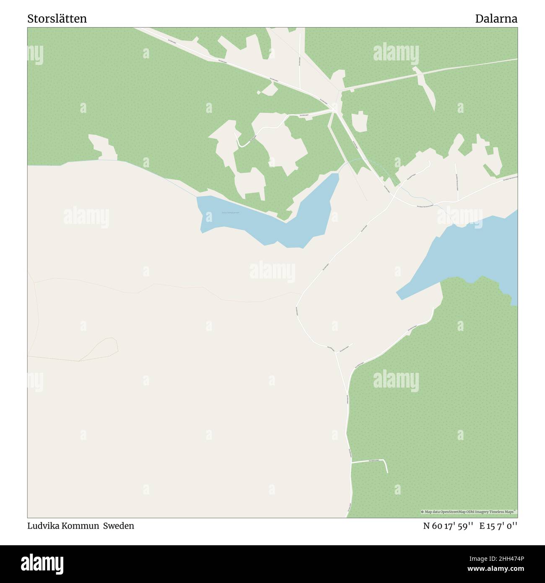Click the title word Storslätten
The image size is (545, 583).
coord(57,19)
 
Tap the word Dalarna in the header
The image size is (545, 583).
coord(496,19)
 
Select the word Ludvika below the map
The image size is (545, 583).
coord(43,526)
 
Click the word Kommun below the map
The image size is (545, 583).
coord(81,526)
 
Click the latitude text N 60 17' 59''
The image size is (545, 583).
coord(448,526)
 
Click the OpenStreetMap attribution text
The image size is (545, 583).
coord(469,512)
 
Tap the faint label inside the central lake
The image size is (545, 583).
coord(230,213)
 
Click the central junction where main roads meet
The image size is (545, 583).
coord(335,110)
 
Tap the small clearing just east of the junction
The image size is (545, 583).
coord(359,122)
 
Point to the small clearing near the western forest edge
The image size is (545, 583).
coord(101,147)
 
